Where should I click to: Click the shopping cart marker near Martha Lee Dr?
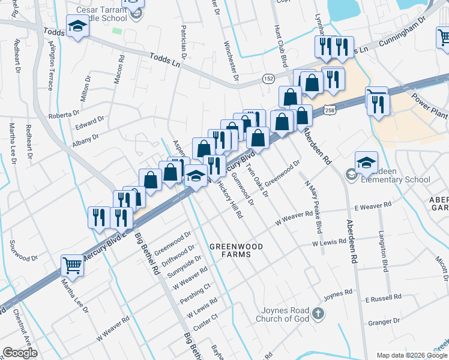[72, 264]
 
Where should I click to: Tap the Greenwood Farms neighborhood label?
[234, 250]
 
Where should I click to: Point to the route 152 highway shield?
[268, 79]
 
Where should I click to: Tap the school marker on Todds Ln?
[77, 27]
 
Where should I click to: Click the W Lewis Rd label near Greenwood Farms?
[329, 243]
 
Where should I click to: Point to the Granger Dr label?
[380, 322]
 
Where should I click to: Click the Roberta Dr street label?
[64, 114]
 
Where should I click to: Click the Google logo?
[20, 353]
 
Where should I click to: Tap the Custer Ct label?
[206, 316]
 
